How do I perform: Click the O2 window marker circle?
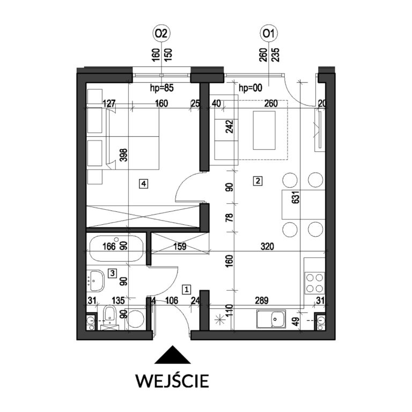tap(161, 34)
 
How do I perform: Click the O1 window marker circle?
tap(269, 34)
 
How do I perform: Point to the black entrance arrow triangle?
tap(172, 355)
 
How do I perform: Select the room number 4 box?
tap(143, 183)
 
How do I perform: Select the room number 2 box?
tap(257, 181)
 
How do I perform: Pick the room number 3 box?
tap(113, 273)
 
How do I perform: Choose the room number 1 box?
tap(187, 290)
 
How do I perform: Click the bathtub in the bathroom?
tap(116, 248)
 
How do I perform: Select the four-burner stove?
tap(314, 283)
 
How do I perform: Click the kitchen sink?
tap(271, 319)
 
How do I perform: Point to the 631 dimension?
tap(296, 197)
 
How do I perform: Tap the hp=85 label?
tap(162, 88)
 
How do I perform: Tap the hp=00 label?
tap(251, 88)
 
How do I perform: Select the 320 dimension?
tap(267, 246)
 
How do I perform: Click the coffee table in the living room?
tap(264, 130)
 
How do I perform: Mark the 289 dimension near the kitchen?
tap(262, 300)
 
